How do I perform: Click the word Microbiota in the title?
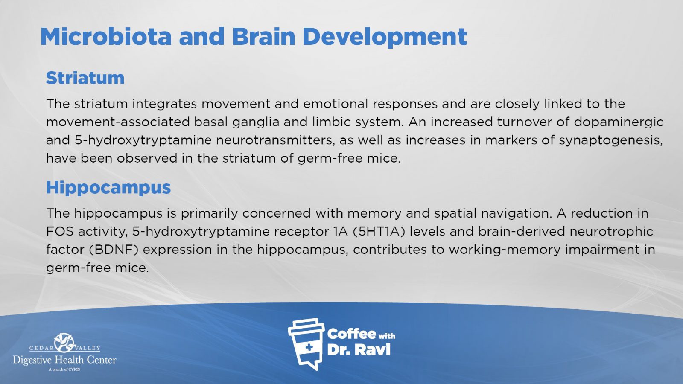pos(106,37)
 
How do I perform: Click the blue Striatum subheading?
pos(85,78)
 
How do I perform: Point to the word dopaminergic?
pos(619,122)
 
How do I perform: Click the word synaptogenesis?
pos(611,141)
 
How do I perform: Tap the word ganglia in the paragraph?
pos(256,122)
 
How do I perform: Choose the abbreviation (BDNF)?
pos(114,250)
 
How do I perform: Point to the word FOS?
pos(60,232)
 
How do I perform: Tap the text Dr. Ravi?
pos(359,350)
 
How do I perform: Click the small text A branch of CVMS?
pos(64,369)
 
